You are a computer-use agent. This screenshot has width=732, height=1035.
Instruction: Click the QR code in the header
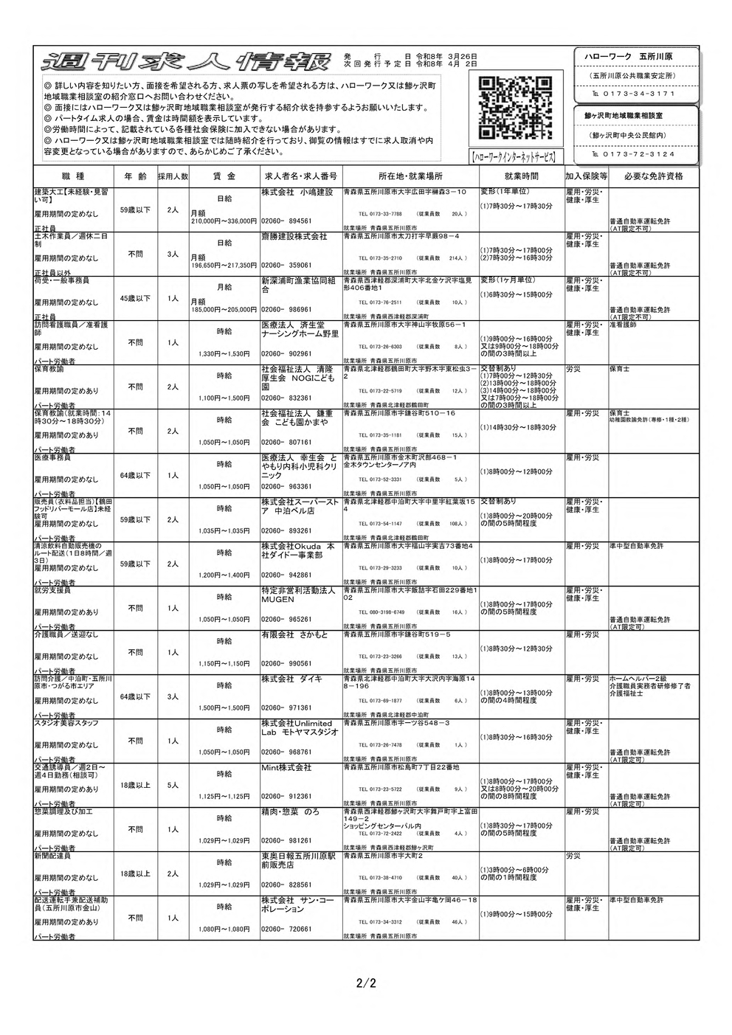515,108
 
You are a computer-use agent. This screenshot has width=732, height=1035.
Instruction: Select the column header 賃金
224,177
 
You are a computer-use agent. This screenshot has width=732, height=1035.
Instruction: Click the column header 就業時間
521,177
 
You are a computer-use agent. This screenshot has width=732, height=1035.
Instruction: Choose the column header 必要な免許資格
653,177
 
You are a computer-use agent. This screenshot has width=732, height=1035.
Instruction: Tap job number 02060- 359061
286,265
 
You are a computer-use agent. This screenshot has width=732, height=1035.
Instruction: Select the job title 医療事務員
53,457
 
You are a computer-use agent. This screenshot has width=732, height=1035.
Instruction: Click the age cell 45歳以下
135,299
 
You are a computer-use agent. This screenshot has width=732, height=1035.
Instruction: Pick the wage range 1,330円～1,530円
224,354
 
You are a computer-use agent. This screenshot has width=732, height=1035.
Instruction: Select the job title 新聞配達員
53,856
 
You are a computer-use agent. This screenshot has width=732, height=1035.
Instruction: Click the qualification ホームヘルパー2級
638,678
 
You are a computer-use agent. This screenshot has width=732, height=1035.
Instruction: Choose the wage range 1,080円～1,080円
224,930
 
